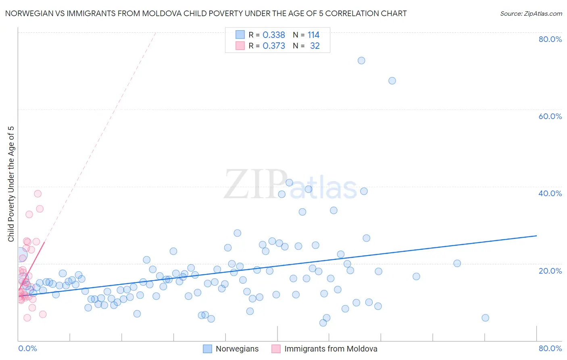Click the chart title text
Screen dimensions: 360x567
[x=206, y=13]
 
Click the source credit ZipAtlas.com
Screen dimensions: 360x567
[x=531, y=13]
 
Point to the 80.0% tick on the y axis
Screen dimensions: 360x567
[x=550, y=39]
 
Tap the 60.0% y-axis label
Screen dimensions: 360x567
[x=550, y=116]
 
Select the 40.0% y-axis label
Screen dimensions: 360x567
[x=550, y=193]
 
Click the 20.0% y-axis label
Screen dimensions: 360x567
[x=550, y=270]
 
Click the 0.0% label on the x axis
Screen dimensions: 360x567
[x=27, y=348]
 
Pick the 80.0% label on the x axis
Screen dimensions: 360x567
[x=550, y=348]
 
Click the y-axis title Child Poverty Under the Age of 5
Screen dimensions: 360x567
[x=11, y=184]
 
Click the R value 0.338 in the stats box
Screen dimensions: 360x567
[x=274, y=35]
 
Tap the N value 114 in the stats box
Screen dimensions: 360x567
[x=313, y=35]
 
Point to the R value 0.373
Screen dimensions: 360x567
[x=274, y=46]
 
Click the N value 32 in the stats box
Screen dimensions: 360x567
[x=315, y=46]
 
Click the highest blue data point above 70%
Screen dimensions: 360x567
[x=361, y=61]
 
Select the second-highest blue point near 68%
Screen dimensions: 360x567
[x=392, y=81]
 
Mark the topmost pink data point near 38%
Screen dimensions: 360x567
[x=38, y=194]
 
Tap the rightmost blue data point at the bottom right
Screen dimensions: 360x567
[x=486, y=318]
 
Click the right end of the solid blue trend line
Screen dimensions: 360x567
[x=536, y=235]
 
